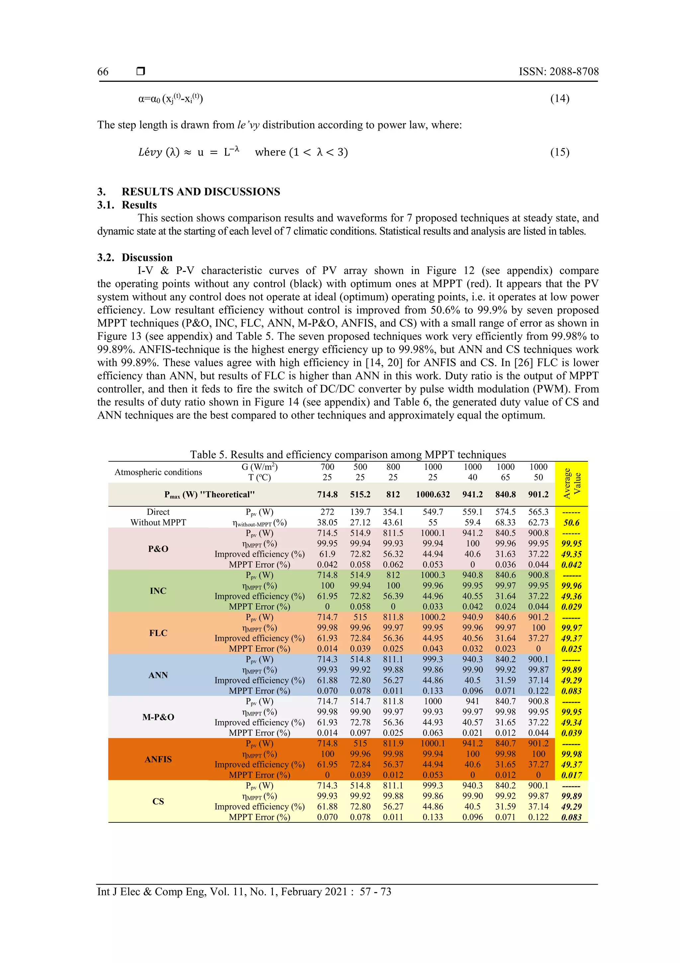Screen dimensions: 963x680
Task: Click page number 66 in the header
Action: coord(103,72)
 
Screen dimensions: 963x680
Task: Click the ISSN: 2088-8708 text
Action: coord(558,72)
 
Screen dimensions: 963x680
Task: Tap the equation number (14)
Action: coord(559,99)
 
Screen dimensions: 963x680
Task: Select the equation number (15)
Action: coord(559,152)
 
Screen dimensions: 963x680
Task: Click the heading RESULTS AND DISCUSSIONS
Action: coord(200,192)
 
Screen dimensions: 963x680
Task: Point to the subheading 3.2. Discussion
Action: coord(135,258)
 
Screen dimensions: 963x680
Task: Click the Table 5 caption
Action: coord(348,455)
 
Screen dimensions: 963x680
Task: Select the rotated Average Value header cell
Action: coord(571,483)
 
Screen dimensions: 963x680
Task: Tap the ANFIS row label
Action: coord(158,759)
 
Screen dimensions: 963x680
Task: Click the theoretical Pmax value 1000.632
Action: coord(432,495)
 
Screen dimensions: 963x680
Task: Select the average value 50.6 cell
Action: coord(571,523)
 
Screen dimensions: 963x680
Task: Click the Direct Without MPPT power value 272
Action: coord(327,512)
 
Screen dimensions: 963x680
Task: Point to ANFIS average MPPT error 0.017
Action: coord(571,775)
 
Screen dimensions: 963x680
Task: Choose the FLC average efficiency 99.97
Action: coord(571,628)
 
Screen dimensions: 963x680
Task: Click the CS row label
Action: coord(158,801)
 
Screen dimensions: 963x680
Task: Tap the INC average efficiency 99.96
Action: coord(571,585)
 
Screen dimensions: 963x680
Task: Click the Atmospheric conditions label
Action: coord(158,472)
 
